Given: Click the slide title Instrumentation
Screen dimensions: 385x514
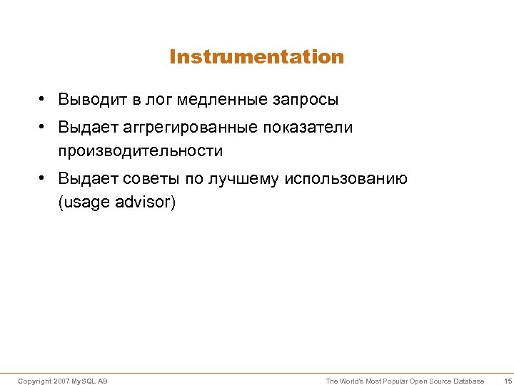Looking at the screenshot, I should (x=257, y=57).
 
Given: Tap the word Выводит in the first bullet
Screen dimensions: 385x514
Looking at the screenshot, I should (x=87, y=99).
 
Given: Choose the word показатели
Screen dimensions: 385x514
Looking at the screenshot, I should (x=308, y=127).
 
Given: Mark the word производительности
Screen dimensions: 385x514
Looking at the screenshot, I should (x=141, y=151).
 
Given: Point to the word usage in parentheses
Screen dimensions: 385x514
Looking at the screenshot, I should (x=84, y=202).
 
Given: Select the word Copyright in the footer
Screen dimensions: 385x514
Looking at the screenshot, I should (x=34, y=381).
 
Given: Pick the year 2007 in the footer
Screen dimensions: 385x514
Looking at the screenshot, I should (x=61, y=381).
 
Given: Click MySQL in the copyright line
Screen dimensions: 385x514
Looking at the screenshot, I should (x=84, y=381).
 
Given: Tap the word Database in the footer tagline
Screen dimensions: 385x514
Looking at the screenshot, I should (x=468, y=381).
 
